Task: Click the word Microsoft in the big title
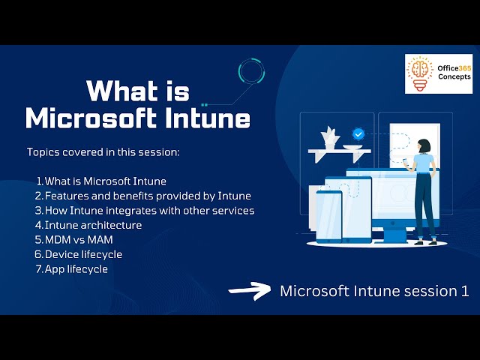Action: coord(94,118)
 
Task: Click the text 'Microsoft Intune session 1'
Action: coord(374,291)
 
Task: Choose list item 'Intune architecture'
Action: coord(92,225)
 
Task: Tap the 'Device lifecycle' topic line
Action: coord(82,254)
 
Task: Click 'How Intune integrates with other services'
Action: coord(148,211)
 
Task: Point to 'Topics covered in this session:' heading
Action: coord(103,152)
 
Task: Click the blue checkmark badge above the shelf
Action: coord(358,133)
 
